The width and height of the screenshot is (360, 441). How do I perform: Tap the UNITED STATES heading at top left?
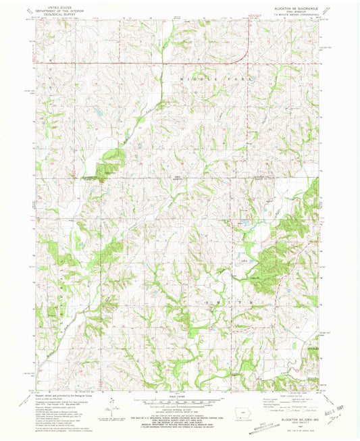tap(56, 6)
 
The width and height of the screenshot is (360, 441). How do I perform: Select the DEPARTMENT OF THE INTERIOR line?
tap(56, 9)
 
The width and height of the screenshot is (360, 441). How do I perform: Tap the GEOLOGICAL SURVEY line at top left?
tap(56, 13)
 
